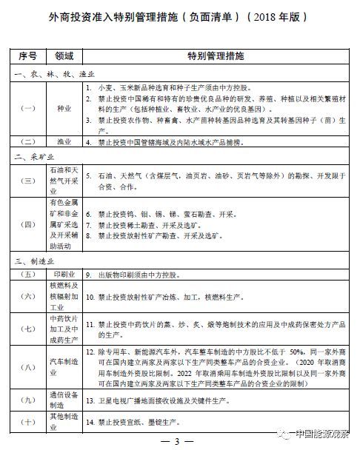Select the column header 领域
tap(64, 56)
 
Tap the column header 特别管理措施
tap(215, 56)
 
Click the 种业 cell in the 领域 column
tap(64, 107)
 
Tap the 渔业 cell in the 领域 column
tap(64, 141)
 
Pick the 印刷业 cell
tap(64, 274)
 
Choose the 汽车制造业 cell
tap(64, 366)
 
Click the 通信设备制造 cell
tap(64, 400)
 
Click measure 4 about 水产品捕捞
tap(173, 141)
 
